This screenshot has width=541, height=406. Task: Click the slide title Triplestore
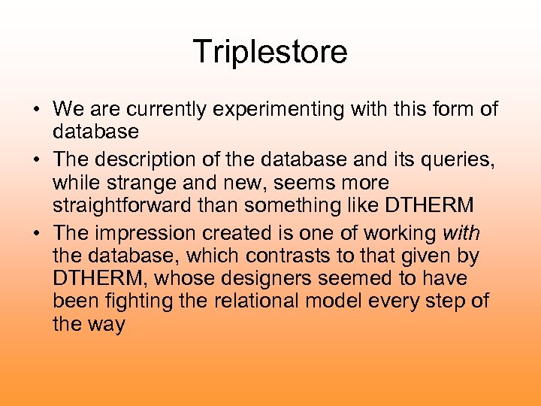click(x=270, y=53)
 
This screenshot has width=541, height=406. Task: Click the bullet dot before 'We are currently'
click(x=36, y=111)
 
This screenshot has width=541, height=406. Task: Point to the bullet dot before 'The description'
click(x=36, y=160)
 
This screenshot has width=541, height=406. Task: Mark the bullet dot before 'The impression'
click(x=36, y=233)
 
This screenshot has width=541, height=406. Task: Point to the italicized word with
click(x=462, y=232)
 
